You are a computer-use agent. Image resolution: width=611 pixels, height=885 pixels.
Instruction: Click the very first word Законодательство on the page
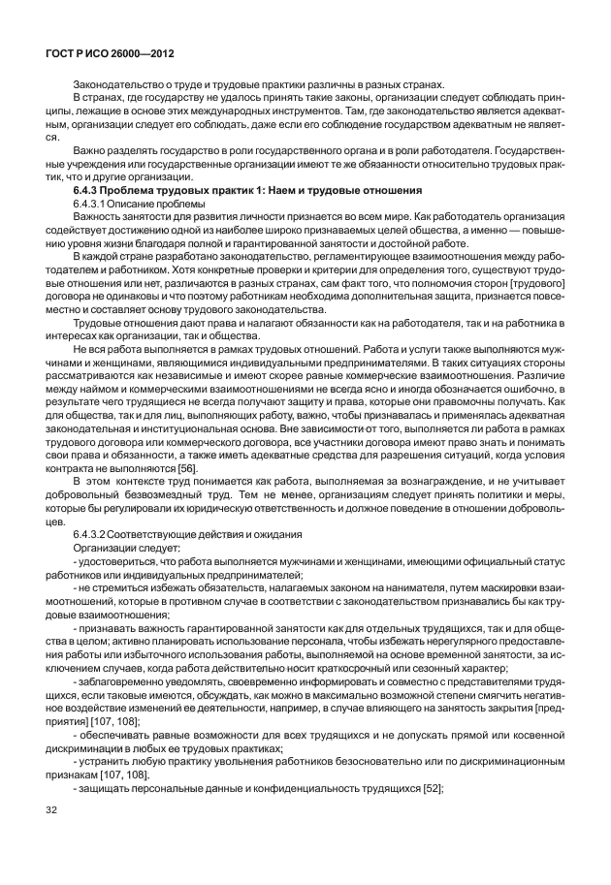tap(118, 84)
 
